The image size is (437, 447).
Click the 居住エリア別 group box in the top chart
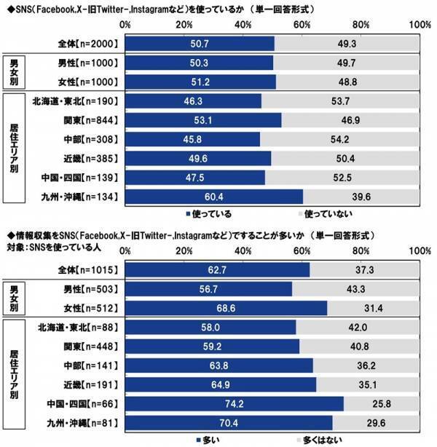[15, 149]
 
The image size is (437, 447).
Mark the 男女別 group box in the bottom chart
[15, 299]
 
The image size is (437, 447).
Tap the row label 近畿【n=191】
[82, 384]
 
